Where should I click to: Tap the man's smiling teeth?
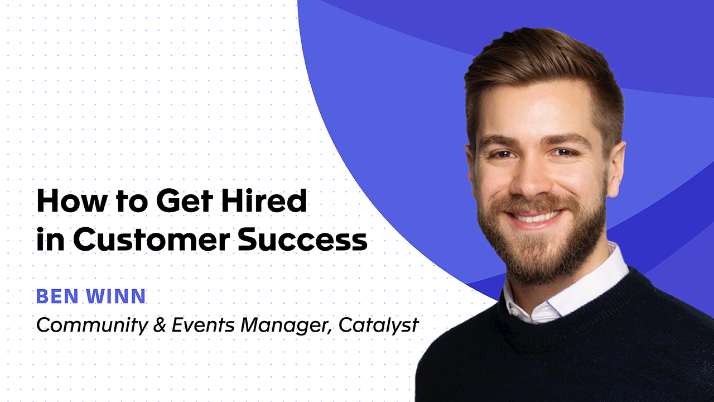coord(533,214)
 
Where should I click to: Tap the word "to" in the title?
coord(124,202)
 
